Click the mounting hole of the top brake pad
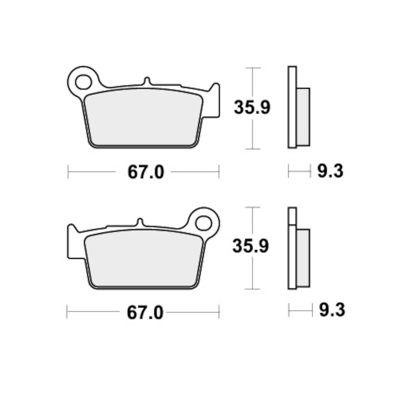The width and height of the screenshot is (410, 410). tap(84, 81)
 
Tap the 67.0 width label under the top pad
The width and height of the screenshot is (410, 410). tap(146, 172)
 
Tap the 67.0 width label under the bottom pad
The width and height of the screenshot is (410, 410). tap(145, 313)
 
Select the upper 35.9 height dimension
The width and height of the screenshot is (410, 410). tap(252, 107)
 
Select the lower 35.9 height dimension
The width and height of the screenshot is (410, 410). tap(251, 246)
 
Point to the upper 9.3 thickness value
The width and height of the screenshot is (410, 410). tap(330, 172)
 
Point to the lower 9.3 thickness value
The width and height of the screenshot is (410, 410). tap(332, 310)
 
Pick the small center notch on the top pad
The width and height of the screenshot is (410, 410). tap(146, 81)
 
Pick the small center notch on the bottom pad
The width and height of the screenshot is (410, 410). tap(139, 223)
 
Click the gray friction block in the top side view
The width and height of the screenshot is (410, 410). tap(304, 116)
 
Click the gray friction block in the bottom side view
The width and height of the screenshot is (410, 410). tap(304, 258)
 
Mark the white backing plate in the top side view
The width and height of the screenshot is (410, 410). tap(292, 107)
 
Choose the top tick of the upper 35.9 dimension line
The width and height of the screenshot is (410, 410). tap(253, 68)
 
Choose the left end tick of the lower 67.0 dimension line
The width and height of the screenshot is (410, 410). tap(67, 312)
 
